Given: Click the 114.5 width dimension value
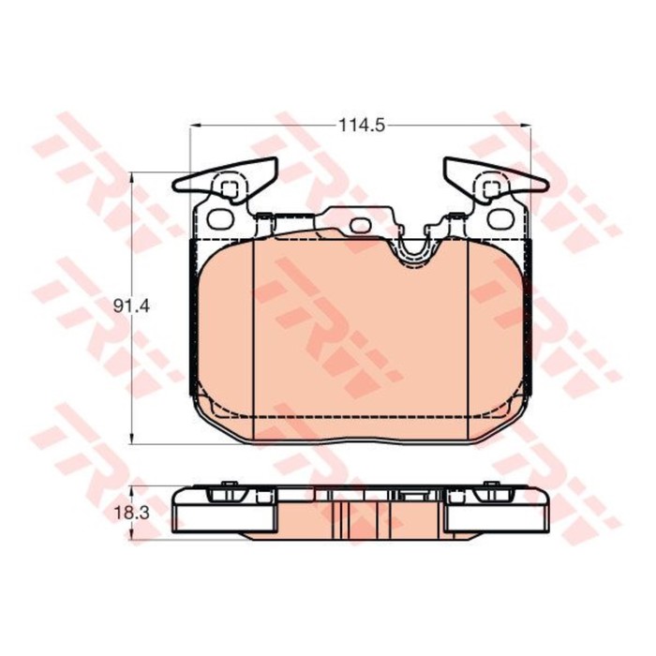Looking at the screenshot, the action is coord(362,125).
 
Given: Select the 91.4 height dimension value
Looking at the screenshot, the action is coord(131,306).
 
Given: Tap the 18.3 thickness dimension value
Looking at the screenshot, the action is coord(131,513).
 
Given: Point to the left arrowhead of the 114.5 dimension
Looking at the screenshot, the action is coord(196,125).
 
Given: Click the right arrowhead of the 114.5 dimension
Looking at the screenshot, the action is coord(525,125).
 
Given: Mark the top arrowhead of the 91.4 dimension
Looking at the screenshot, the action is coord(132,177).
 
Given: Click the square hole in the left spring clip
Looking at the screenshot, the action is coord(229,189).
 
